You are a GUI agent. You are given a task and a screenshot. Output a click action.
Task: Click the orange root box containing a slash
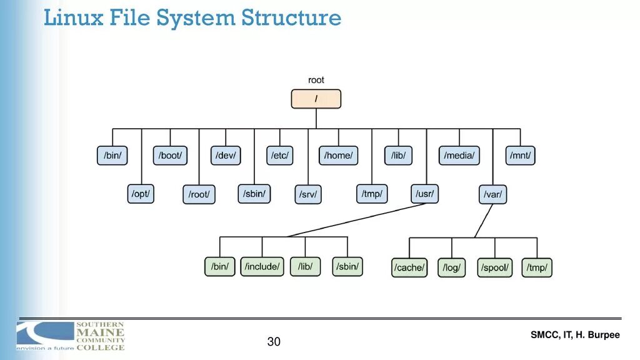316,99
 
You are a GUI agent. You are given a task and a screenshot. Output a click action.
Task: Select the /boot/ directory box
171,155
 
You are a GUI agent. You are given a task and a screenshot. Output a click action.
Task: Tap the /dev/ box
226,155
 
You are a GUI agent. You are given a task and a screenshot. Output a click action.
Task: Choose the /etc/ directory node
279,155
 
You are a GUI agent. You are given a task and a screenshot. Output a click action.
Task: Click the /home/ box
339,155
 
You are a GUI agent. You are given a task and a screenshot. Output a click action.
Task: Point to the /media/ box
459,155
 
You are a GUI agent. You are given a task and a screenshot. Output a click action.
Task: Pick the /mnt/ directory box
521,155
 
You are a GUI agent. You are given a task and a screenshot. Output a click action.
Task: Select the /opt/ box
141,194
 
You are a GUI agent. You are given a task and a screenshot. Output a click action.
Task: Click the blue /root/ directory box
199,194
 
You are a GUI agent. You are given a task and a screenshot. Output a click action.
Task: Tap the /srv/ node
308,194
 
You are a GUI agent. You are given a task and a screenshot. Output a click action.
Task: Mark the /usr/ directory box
425,194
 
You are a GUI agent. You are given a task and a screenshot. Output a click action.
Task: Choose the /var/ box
492,194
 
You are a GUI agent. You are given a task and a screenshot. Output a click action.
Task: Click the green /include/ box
262,267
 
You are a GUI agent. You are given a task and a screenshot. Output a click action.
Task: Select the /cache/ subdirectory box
410,268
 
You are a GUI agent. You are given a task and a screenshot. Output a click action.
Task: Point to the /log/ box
451,268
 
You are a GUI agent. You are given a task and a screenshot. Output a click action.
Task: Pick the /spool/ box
495,268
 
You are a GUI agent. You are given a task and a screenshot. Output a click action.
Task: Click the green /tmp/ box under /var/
537,268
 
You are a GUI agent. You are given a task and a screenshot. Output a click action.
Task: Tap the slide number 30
274,342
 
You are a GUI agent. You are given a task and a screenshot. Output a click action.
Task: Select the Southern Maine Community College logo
71,336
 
